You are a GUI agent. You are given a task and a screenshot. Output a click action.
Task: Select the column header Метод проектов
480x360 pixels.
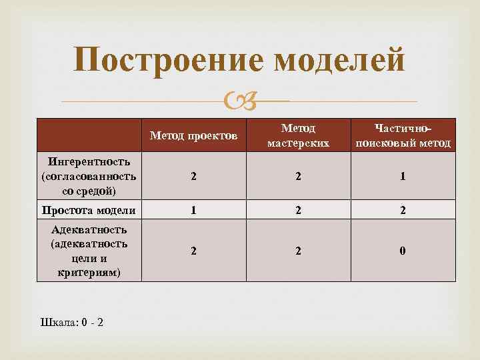pos(193,136)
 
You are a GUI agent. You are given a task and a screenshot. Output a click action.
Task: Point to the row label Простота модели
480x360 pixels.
pos(89,211)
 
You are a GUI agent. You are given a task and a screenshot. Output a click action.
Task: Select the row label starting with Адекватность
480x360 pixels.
pos(89,251)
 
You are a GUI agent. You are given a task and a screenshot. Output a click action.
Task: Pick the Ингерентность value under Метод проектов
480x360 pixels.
pos(193,177)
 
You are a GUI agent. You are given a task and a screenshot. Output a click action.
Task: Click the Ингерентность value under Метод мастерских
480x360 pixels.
pos(299,177)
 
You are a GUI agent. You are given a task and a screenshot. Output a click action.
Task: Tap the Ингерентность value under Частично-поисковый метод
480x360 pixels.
pos(403,177)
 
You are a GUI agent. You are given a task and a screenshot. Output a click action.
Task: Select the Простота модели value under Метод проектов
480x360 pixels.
pos(193,211)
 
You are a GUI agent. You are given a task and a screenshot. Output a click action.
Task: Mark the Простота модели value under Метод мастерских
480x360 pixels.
pos(299,211)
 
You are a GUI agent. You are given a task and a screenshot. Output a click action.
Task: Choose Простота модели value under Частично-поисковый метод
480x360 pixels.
pos(403,211)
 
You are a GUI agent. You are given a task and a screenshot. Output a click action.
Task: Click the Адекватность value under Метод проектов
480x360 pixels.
pos(193,251)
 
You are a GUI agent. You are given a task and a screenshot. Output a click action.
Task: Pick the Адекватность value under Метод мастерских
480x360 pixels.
pos(299,251)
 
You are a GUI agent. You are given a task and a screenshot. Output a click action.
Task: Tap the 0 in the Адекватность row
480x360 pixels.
pos(403,251)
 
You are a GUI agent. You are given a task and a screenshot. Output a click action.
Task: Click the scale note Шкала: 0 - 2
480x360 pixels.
pos(72,323)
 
